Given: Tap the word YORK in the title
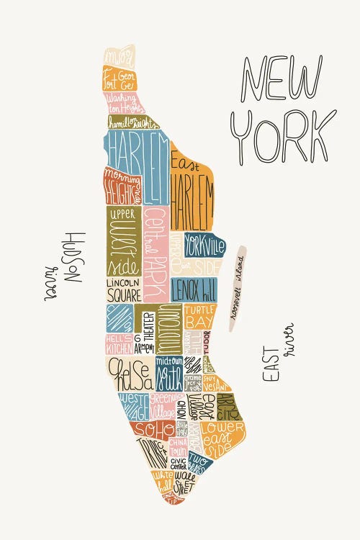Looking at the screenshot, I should [287, 137].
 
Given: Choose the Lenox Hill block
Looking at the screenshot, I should [194, 289].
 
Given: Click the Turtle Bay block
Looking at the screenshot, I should [199, 317].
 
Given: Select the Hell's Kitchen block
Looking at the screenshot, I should [119, 344].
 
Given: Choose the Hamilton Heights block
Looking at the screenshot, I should [138, 122].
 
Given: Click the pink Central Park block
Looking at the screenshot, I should [154, 252].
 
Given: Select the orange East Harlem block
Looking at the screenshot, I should [192, 191].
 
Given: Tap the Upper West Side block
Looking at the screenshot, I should [123, 241].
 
